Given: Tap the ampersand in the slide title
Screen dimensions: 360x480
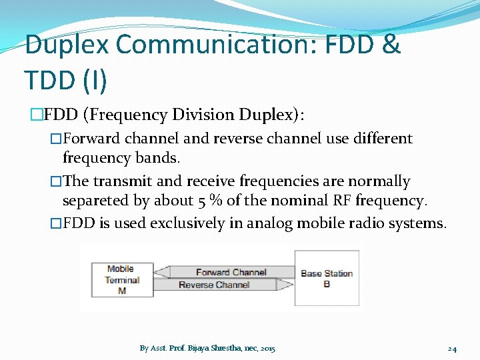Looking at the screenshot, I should (x=391, y=45).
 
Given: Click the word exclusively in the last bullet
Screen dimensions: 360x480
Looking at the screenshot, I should (x=187, y=223).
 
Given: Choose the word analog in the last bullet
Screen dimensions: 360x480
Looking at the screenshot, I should (x=270, y=223).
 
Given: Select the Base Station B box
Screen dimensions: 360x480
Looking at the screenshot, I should (x=327, y=278).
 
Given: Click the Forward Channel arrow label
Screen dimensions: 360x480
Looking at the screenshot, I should (x=231, y=272).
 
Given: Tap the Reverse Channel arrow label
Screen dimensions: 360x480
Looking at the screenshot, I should (x=213, y=285).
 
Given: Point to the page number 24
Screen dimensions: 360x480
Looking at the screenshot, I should (x=452, y=349).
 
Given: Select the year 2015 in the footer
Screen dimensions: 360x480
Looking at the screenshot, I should (x=267, y=349).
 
